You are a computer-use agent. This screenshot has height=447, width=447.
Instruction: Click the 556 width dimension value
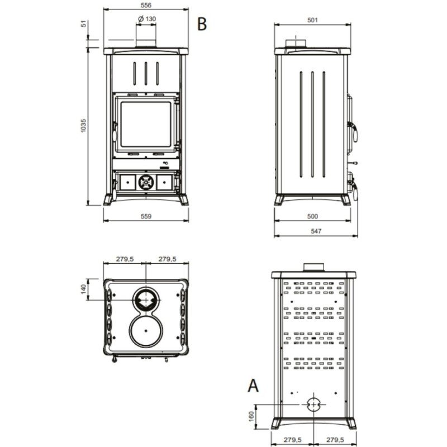(x=146, y=5)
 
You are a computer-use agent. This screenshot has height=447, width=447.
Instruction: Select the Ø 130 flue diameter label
(x=147, y=19)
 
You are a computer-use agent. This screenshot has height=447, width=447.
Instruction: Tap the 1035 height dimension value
(x=83, y=126)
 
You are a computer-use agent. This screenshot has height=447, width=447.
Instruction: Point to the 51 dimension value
(x=83, y=23)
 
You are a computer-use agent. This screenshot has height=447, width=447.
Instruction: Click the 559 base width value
(x=146, y=216)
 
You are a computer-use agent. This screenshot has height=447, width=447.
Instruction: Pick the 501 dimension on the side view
(x=312, y=20)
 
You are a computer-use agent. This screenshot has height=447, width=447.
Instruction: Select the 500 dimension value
(x=312, y=216)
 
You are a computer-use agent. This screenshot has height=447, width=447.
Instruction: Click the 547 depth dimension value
(x=316, y=231)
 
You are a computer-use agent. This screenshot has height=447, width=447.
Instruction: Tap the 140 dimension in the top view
(x=83, y=289)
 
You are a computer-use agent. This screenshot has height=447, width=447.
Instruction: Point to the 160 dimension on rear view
(x=251, y=416)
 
